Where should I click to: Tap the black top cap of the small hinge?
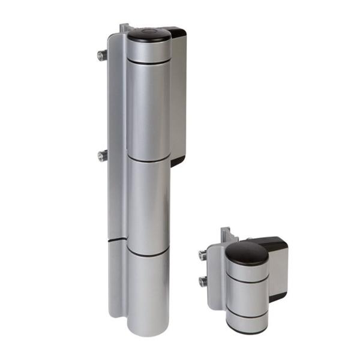[x=247, y=253]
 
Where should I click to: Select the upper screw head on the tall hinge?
[x=100, y=56]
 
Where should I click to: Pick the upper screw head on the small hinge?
[x=203, y=254]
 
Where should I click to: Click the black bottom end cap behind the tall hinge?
[x=178, y=160]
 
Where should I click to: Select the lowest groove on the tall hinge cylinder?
[x=148, y=255]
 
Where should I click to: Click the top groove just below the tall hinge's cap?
[x=148, y=61]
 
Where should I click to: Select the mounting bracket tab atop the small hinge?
[x=226, y=232]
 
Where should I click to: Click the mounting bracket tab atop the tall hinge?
[x=124, y=28]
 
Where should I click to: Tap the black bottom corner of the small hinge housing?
[x=277, y=296]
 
